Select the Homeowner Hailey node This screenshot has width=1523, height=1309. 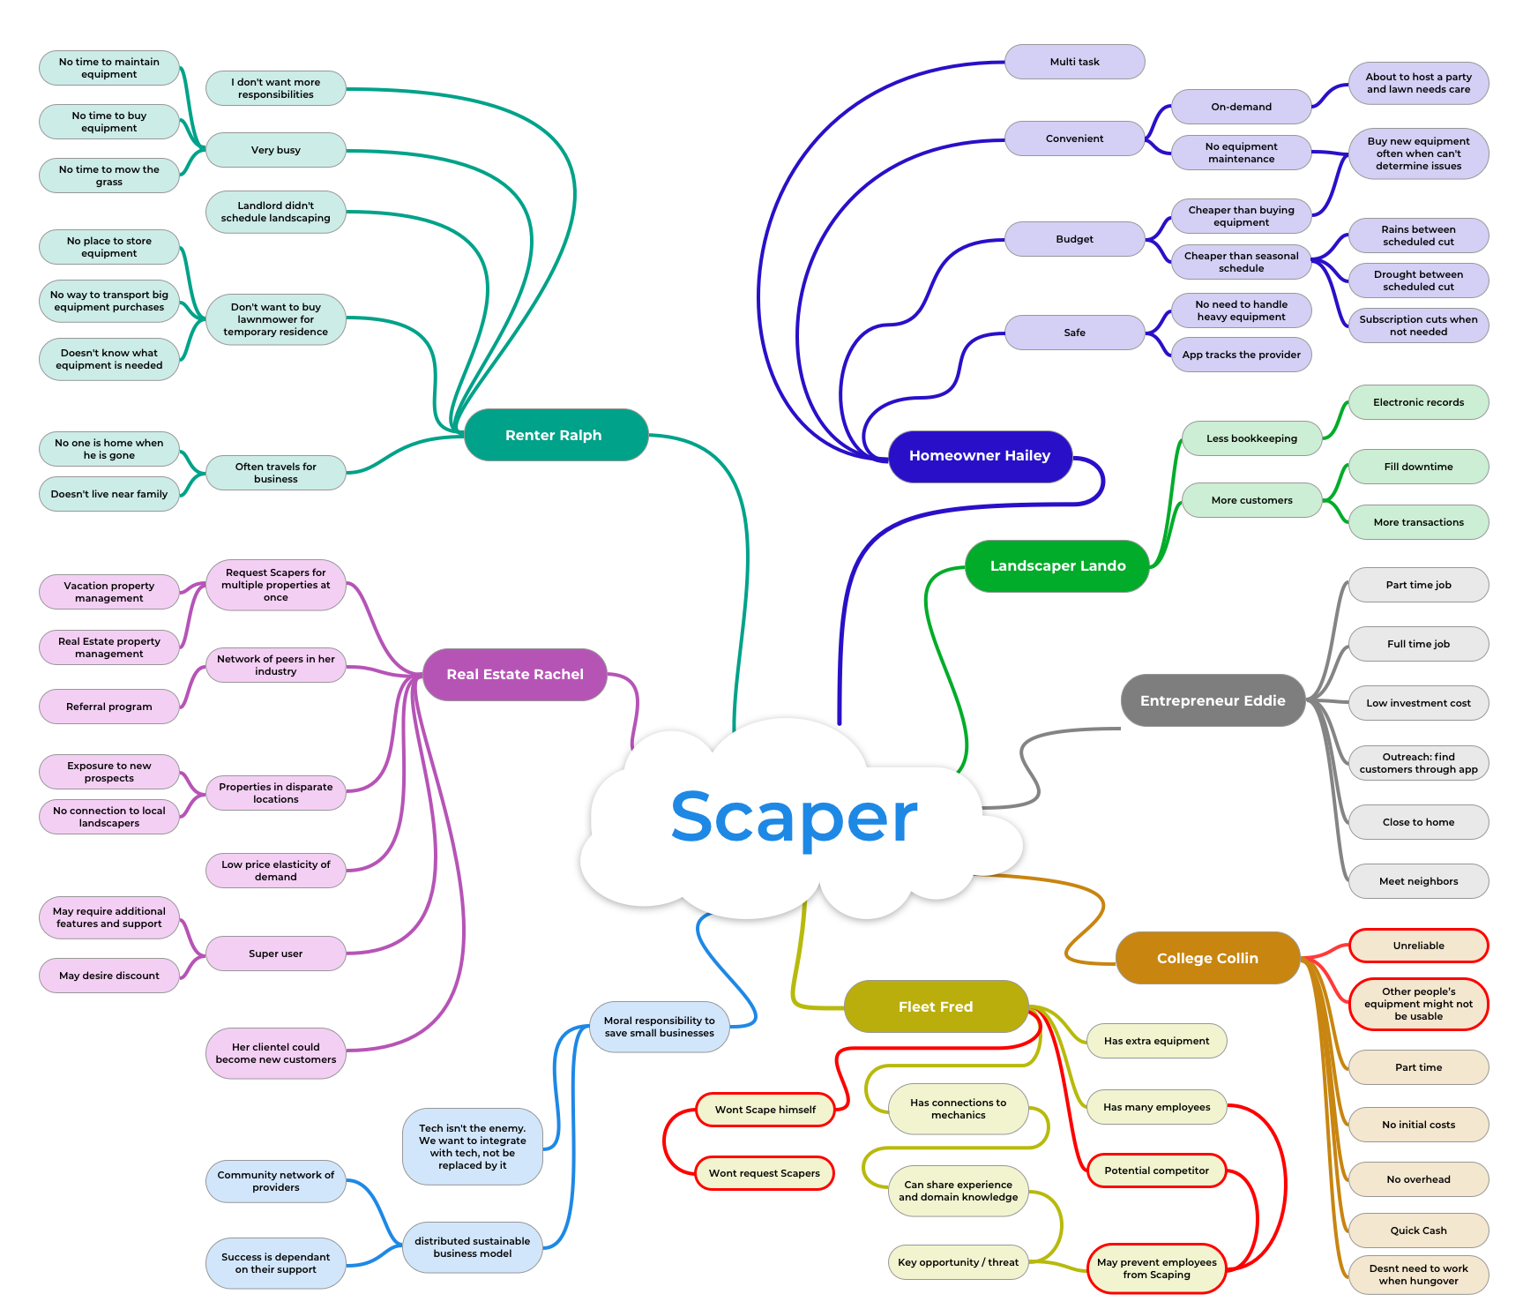point(980,456)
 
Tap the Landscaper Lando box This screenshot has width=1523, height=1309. point(1057,566)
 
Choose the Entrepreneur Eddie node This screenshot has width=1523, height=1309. point(1213,701)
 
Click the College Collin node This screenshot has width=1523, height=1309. point(1207,959)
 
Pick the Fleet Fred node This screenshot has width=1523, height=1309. point(936,1007)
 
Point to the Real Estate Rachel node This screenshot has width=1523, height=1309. point(515,675)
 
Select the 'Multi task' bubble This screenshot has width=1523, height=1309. point(1074,63)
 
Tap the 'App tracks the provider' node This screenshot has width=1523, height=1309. point(1241,355)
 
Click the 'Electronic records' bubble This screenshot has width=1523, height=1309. point(1418,403)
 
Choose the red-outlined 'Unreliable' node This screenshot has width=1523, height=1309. point(1418,946)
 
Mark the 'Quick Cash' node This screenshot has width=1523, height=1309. point(1418,1231)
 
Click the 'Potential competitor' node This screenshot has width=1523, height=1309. point(1156,1171)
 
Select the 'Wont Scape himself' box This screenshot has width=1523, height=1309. point(765,1111)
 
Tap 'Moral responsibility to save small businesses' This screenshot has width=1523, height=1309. point(660,1028)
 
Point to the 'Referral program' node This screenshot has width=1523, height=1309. point(109,707)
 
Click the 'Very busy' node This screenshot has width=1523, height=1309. point(276,151)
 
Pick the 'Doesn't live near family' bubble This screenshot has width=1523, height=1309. point(109,495)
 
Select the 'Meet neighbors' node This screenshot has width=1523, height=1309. point(1418,882)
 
